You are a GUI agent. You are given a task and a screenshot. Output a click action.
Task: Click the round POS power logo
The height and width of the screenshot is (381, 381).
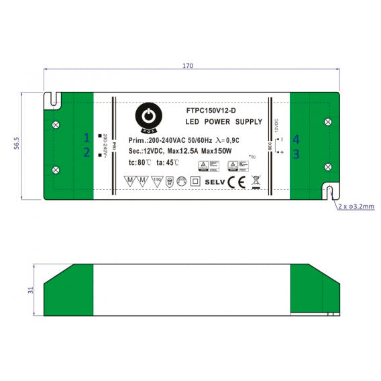click(x=146, y=115)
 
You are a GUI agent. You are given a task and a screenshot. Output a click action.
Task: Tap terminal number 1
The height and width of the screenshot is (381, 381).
click(x=87, y=137)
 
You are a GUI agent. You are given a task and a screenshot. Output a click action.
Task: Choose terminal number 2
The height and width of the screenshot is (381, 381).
click(x=87, y=152)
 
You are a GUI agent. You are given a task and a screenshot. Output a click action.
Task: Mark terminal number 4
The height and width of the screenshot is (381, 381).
click(x=296, y=139)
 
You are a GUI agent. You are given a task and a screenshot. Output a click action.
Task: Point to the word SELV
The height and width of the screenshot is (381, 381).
click(x=215, y=181)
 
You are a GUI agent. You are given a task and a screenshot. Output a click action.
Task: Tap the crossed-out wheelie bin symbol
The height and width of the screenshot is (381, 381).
click(x=255, y=181)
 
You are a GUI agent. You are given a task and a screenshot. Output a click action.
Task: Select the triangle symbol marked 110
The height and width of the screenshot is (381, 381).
click(x=157, y=180)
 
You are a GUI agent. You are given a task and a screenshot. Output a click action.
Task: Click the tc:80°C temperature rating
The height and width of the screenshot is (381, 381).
click(x=138, y=162)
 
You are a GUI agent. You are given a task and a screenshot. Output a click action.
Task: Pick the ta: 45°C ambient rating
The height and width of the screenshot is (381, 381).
click(x=168, y=162)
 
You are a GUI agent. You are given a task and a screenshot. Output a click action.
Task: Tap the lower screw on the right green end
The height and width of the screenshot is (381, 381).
click(x=327, y=166)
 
